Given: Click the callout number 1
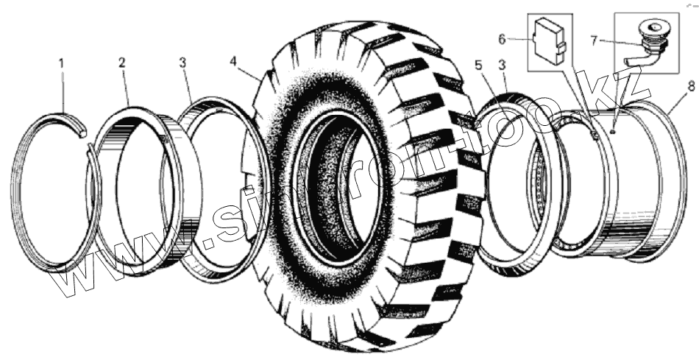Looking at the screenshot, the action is point(62,64).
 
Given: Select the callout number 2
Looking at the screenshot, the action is point(121,63).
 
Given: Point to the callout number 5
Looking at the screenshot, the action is point(478,65).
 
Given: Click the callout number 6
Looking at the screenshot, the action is point(521,38).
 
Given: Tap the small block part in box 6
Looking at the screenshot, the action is point(548,43).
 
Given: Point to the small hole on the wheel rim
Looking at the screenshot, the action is point(613,131).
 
